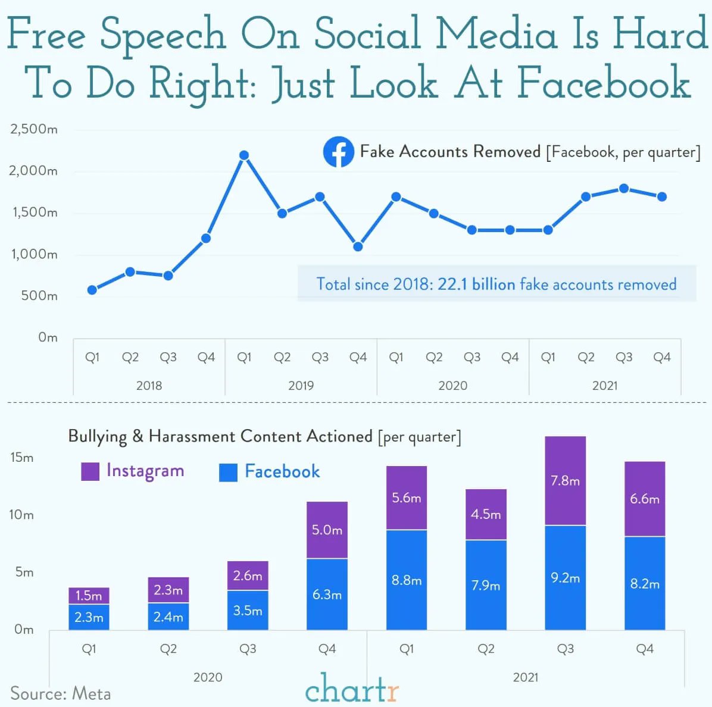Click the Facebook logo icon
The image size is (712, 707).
click(338, 152)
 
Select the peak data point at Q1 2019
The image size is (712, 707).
click(244, 155)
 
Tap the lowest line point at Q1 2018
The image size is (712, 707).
click(92, 290)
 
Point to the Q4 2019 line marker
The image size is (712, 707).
click(358, 246)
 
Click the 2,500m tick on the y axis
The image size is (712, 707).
click(34, 129)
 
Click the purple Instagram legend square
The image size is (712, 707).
click(90, 471)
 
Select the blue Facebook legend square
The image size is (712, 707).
click(228, 473)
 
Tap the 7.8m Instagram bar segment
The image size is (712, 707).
click(565, 481)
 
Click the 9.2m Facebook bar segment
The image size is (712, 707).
click(565, 577)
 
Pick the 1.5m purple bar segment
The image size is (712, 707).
click(89, 596)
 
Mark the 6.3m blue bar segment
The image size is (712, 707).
click(327, 594)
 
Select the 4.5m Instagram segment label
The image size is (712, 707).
click(486, 514)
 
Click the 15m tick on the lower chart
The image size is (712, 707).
click(22, 458)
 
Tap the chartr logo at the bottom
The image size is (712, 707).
click(351, 689)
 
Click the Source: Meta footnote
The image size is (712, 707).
click(60, 694)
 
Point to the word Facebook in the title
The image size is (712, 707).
click(604, 83)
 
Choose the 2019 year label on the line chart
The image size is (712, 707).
click(301, 386)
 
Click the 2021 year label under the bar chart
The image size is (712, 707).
click(525, 677)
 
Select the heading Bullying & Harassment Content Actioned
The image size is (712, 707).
click(220, 436)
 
